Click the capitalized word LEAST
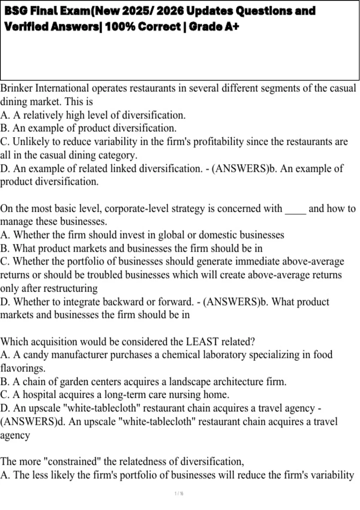(x=202, y=341)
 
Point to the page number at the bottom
(x=179, y=493)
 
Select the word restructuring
(x=70, y=288)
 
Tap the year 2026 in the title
(x=170, y=11)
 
